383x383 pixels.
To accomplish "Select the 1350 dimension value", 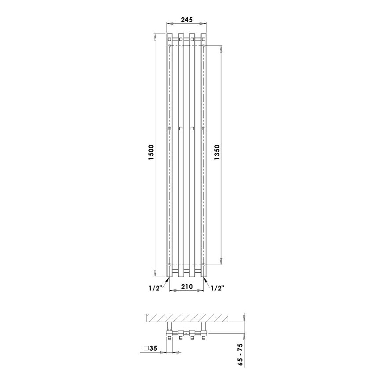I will click(216, 154).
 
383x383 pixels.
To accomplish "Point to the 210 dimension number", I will click(187, 287).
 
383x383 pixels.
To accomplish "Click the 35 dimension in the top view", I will click(154, 349).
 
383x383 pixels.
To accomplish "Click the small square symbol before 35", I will click(146, 349).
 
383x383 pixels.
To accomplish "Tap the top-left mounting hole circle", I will click(170, 45).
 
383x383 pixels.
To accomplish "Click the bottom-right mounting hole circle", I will click(203, 264).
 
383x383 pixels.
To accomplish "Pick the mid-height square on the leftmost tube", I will click(169, 128).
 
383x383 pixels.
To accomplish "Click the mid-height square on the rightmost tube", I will click(203, 128).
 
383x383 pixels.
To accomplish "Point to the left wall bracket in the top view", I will click(170, 327).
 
